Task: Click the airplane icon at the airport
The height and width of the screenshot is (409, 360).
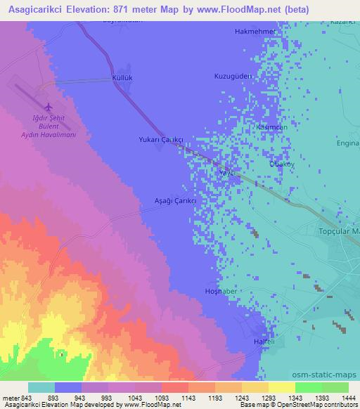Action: click(x=48, y=107)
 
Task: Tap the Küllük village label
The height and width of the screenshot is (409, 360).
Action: click(x=123, y=77)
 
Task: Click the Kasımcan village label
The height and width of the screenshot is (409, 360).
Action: click(x=272, y=126)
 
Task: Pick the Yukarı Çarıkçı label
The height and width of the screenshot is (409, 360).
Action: click(x=161, y=140)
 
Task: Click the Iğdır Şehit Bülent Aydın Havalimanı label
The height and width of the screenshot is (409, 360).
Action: click(x=48, y=127)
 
